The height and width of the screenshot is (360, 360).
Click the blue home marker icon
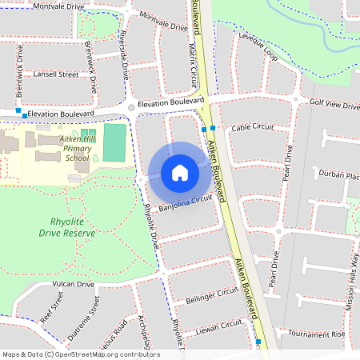tap(180, 172)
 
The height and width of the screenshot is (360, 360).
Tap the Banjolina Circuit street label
tap(185, 203)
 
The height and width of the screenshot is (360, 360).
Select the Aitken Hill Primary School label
tap(78, 148)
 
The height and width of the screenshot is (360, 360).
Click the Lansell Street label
tap(56, 74)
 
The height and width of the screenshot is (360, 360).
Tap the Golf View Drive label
tap(335, 104)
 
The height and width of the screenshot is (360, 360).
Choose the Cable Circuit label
tap(252, 127)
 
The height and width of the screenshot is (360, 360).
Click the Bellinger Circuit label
tap(212, 295)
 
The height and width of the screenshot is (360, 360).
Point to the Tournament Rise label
tap(315, 333)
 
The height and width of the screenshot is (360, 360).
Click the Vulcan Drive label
tap(74, 284)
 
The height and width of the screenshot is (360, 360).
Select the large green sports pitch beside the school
tap(115, 141)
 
